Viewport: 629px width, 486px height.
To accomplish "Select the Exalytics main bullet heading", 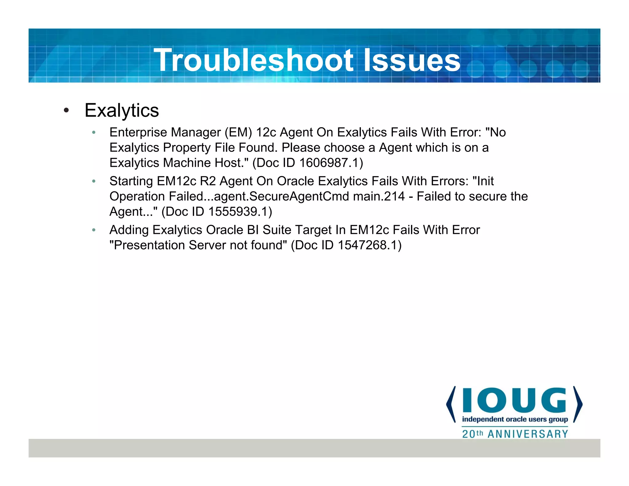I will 122,110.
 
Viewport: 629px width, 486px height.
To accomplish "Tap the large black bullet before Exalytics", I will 66,110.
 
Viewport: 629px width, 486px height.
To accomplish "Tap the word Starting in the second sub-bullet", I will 131,181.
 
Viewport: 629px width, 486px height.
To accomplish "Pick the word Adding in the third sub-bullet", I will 129,230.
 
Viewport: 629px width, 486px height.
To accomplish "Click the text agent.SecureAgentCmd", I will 282,196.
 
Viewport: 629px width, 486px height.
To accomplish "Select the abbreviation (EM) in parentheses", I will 238,132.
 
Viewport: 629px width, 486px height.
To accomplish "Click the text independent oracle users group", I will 515,419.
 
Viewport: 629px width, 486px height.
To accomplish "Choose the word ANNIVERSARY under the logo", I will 528,434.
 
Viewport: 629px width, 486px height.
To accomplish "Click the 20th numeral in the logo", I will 472,434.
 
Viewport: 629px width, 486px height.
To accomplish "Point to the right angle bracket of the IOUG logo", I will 578,404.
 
